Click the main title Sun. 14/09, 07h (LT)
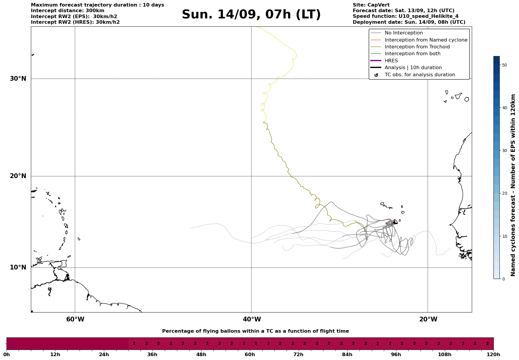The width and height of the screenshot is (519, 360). click(x=251, y=15)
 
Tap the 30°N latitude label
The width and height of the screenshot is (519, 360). click(x=18, y=79)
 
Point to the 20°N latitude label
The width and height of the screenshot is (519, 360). click(x=18, y=176)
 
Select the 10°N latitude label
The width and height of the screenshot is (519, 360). click(x=18, y=267)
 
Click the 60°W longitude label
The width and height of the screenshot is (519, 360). click(x=75, y=319)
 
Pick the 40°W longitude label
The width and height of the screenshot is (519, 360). click(x=252, y=319)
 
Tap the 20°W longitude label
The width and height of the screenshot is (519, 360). click(x=428, y=319)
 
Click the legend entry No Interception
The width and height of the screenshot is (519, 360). click(x=404, y=33)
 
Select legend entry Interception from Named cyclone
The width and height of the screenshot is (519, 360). click(x=426, y=40)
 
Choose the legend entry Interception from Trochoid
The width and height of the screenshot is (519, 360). click(x=417, y=47)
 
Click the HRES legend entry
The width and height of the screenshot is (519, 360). click(x=391, y=61)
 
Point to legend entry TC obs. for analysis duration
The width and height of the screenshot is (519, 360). click(x=420, y=75)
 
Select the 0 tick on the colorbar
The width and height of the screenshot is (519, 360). click(x=503, y=279)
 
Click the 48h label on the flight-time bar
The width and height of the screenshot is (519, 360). click(x=201, y=355)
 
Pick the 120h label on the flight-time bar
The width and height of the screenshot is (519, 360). click(x=493, y=355)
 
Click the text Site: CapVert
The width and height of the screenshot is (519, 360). click(x=371, y=5)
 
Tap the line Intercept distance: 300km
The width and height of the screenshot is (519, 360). click(x=67, y=11)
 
